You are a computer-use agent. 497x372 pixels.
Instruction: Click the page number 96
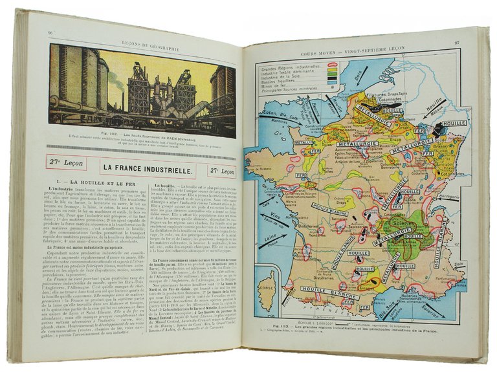click(x=50, y=34)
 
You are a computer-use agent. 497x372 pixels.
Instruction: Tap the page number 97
click(x=456, y=43)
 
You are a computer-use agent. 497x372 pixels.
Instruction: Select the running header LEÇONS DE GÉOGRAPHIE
click(x=142, y=33)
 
